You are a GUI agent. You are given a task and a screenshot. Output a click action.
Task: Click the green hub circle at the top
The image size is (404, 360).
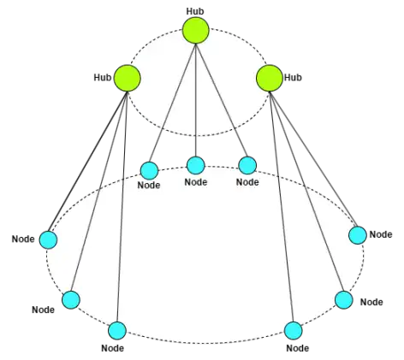[196, 30]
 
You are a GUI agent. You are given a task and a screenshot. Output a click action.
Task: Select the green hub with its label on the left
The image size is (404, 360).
[128, 78]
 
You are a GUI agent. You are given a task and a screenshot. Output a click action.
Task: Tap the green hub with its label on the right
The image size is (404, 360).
[270, 78]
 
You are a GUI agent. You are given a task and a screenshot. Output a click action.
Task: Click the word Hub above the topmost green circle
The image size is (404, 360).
[195, 11]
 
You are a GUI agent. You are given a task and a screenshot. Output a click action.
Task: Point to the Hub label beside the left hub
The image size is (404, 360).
[103, 77]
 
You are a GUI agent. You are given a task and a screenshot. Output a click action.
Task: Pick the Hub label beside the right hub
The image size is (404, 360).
[293, 77]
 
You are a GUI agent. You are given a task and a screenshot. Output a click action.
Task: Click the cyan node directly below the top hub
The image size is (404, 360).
[196, 165]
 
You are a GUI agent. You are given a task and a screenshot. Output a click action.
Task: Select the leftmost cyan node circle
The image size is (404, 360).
[48, 239]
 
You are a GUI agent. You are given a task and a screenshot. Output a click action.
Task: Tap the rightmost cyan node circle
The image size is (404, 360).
[358, 235]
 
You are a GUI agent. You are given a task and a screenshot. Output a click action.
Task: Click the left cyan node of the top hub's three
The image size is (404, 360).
[149, 171]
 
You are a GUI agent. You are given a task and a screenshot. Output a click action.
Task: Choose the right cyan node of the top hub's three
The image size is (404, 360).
[247, 165]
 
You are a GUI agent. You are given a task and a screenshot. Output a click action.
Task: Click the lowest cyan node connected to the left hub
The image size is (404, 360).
[117, 331]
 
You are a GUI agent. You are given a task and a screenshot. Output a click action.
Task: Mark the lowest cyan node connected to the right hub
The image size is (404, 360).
[294, 331]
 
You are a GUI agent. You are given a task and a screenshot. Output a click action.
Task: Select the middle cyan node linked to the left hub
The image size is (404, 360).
[71, 300]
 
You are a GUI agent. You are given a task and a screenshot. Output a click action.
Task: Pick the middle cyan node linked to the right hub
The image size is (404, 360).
[344, 300]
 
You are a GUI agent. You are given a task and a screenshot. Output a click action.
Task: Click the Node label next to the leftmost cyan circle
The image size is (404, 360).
[23, 239]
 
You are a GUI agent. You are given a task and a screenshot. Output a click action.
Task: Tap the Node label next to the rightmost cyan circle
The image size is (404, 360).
[381, 234]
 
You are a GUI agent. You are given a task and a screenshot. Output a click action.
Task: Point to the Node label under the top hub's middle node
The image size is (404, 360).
[196, 182]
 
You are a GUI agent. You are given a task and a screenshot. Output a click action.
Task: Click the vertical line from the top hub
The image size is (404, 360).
[196, 100]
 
